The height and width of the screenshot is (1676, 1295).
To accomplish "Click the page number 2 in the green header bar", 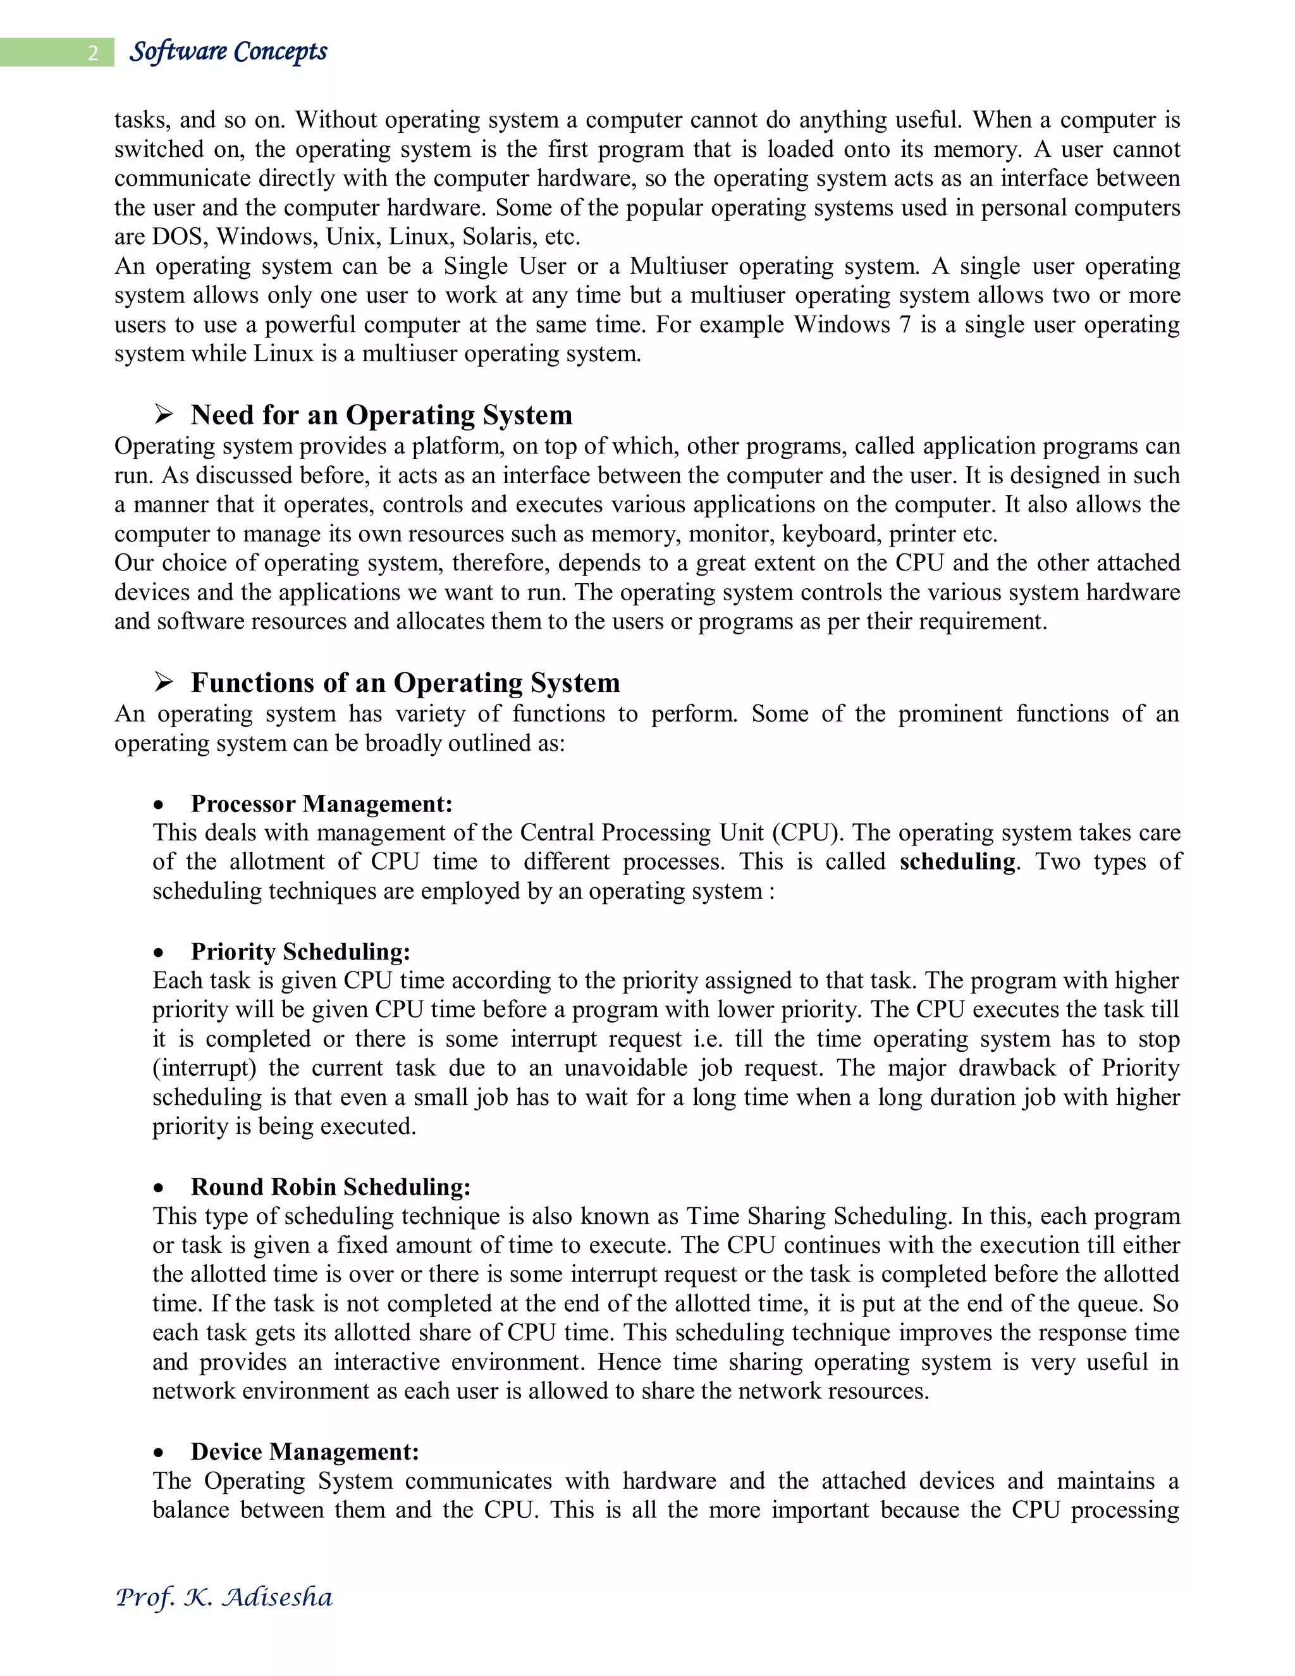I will (x=93, y=53).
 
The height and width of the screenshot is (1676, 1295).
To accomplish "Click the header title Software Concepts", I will (x=228, y=51).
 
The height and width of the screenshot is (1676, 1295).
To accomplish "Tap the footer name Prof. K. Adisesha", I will (x=223, y=1597).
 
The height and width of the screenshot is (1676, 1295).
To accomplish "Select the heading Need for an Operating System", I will (x=381, y=414).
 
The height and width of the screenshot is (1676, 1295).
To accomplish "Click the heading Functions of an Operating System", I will (x=405, y=682).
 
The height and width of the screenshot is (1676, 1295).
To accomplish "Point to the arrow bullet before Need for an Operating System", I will (x=163, y=414).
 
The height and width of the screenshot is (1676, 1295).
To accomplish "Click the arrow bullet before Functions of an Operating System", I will (x=163, y=681).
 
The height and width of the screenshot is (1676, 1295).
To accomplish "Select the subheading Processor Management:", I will (x=321, y=803).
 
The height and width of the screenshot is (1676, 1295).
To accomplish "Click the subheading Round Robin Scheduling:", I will (x=331, y=1187).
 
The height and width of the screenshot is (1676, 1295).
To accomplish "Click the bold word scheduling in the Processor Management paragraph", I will (x=957, y=862).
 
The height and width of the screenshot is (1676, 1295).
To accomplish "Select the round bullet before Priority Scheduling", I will (x=159, y=953).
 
